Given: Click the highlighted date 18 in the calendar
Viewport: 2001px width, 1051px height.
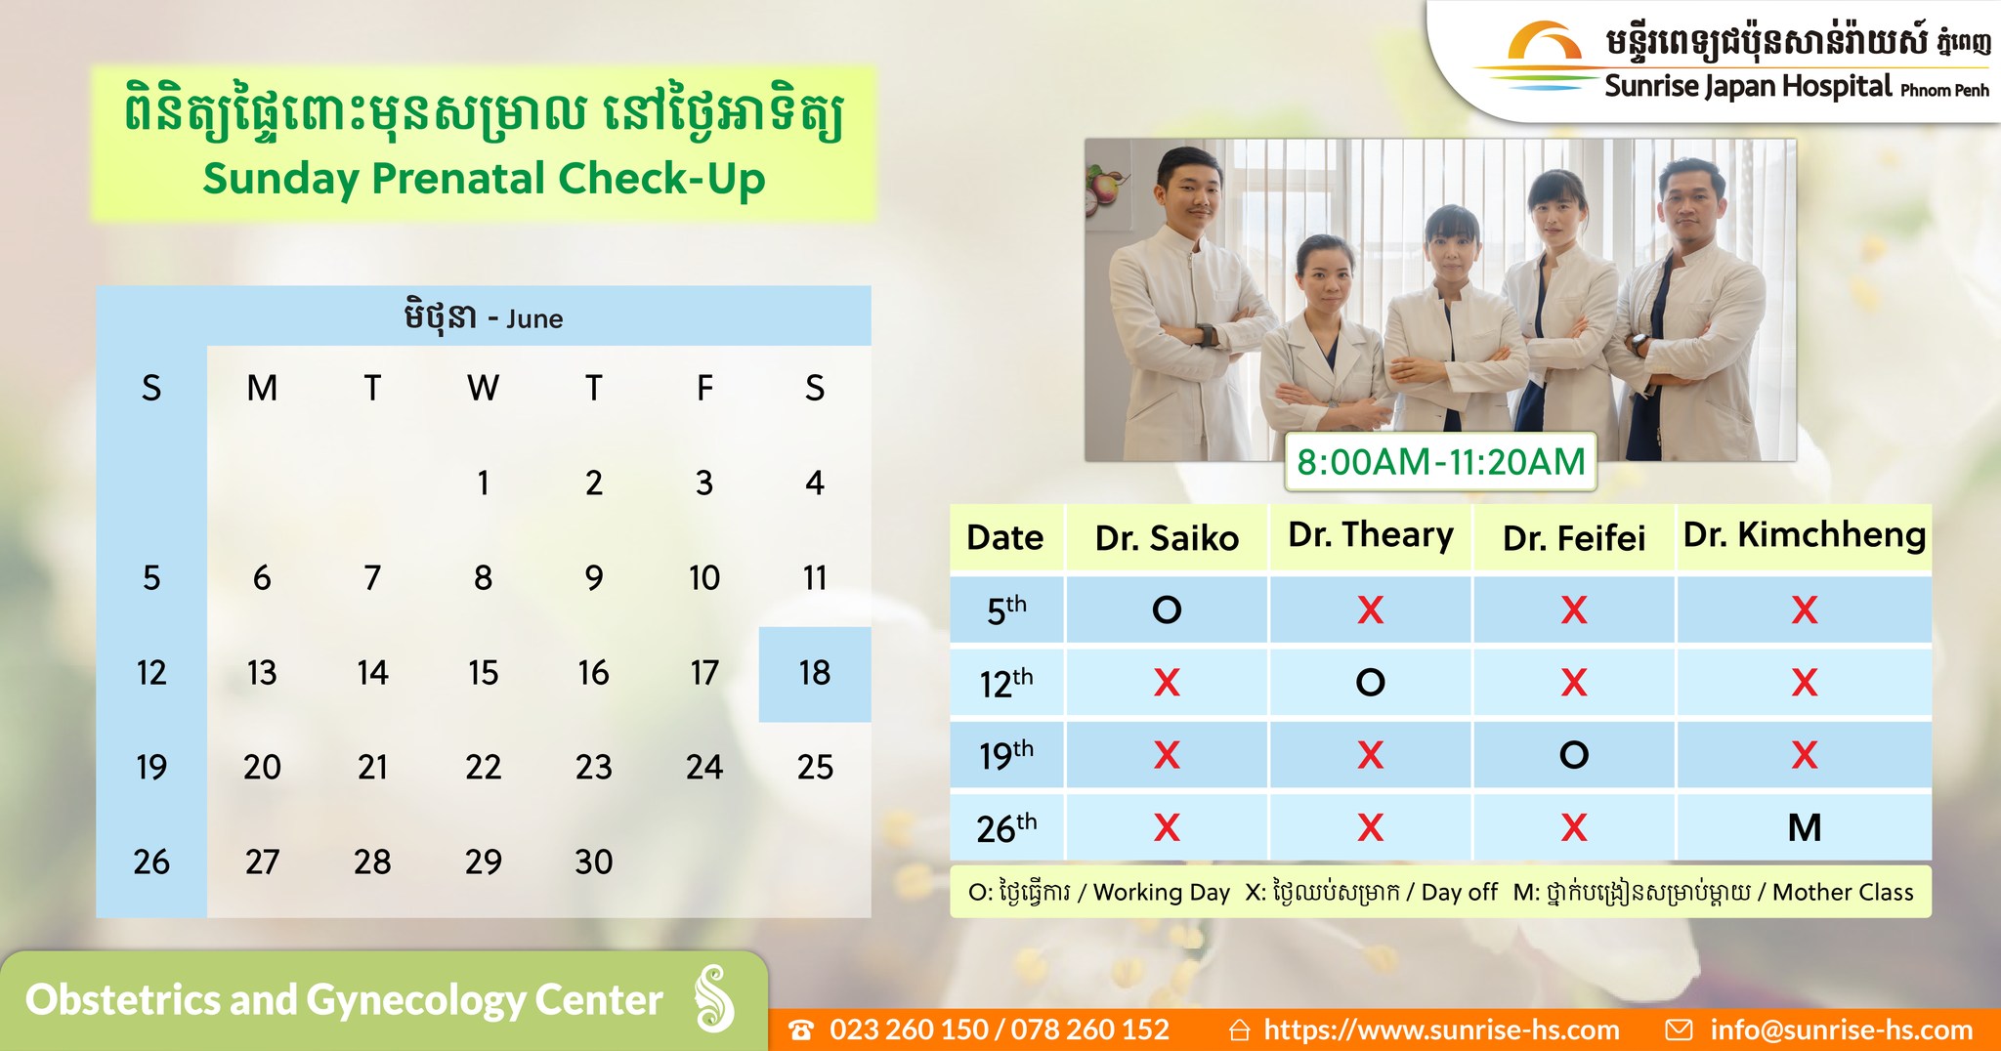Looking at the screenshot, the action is (x=815, y=673).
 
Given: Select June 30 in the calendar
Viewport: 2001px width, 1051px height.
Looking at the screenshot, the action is (x=593, y=862).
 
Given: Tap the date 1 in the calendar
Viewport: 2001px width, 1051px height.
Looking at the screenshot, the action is (x=483, y=483).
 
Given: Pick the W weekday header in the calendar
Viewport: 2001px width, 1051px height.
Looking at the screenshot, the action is (x=483, y=388).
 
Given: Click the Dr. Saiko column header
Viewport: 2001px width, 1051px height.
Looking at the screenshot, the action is (x=1167, y=538).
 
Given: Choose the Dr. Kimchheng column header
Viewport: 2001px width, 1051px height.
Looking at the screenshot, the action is (x=1805, y=535).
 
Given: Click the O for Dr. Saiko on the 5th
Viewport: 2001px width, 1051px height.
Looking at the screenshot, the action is (x=1167, y=610).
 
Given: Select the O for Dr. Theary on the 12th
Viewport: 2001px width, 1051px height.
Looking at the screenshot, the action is (x=1370, y=682).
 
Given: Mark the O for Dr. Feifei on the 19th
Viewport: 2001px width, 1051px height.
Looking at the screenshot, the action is (x=1574, y=755).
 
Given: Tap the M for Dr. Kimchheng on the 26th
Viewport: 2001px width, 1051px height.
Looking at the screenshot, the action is (x=1805, y=827).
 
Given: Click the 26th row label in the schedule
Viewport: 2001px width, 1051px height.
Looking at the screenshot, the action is (x=1006, y=827).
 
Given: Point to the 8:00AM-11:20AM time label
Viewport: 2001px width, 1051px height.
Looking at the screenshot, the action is (x=1440, y=461).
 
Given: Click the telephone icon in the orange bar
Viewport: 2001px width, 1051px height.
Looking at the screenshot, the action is (x=801, y=1030).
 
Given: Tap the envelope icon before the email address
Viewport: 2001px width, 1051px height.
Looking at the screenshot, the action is (x=1679, y=1030).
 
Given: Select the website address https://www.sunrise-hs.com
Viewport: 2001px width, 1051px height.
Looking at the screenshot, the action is (x=1441, y=1030).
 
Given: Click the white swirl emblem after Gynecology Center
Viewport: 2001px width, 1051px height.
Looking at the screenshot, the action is (x=714, y=999).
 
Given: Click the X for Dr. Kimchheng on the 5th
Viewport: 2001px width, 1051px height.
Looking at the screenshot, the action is (x=1805, y=610).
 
